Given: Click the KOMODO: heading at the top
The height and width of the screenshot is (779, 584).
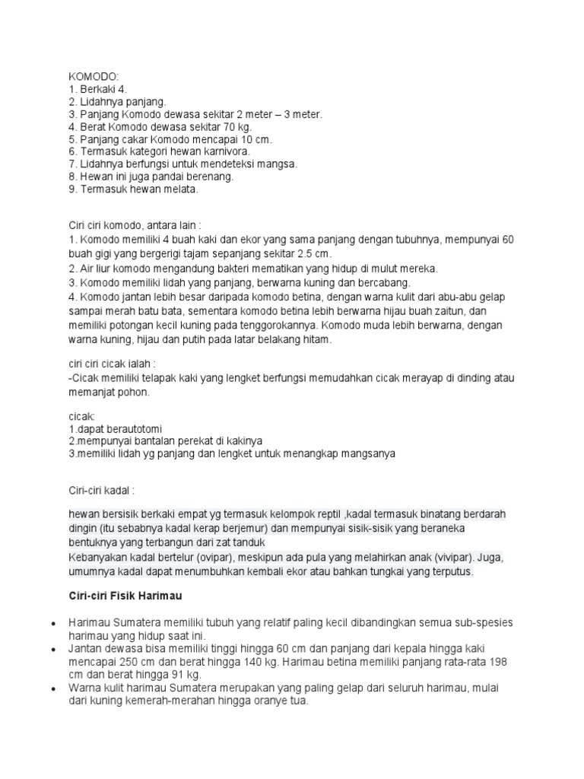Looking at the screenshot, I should point(89,77).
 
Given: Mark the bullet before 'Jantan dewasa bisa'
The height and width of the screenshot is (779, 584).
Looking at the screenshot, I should point(52,651).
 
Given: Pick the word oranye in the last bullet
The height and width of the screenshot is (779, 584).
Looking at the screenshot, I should point(264,701).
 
